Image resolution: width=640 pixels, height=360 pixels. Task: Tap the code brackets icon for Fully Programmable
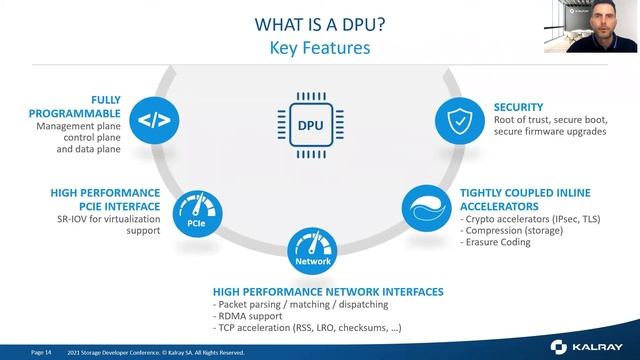(x=153, y=122)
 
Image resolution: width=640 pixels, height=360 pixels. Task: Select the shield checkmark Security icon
(x=457, y=122)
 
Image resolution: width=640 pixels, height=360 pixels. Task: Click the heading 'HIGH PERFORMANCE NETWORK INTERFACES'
(x=328, y=291)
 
